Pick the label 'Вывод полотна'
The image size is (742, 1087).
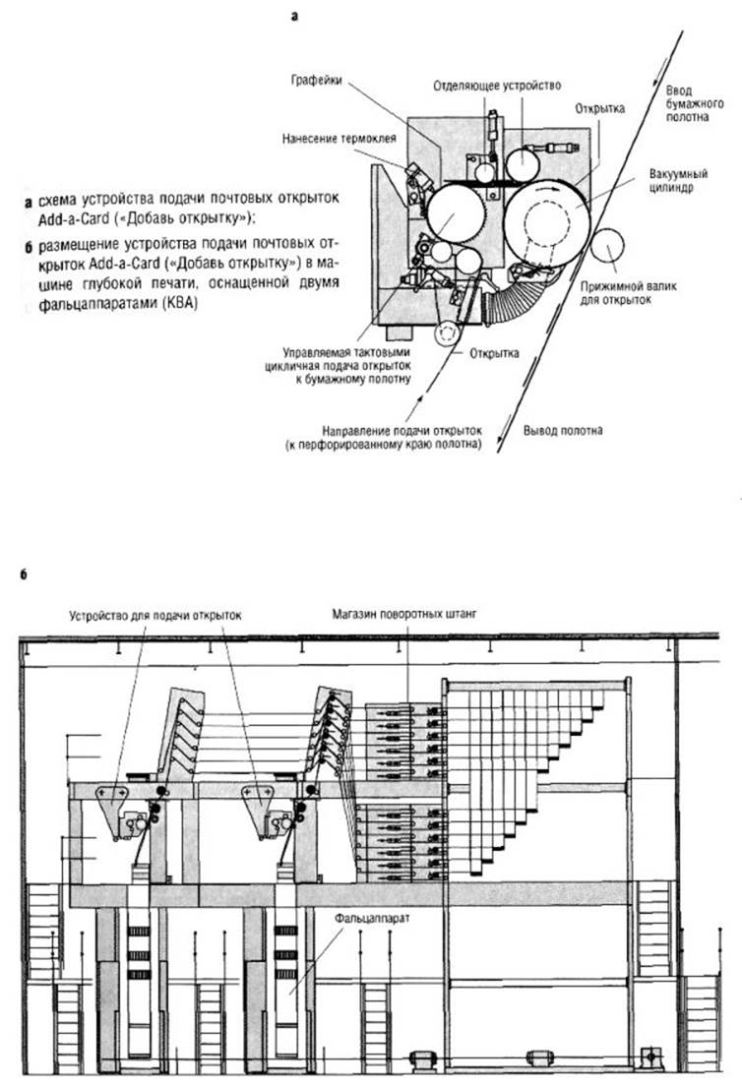(x=564, y=431)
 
